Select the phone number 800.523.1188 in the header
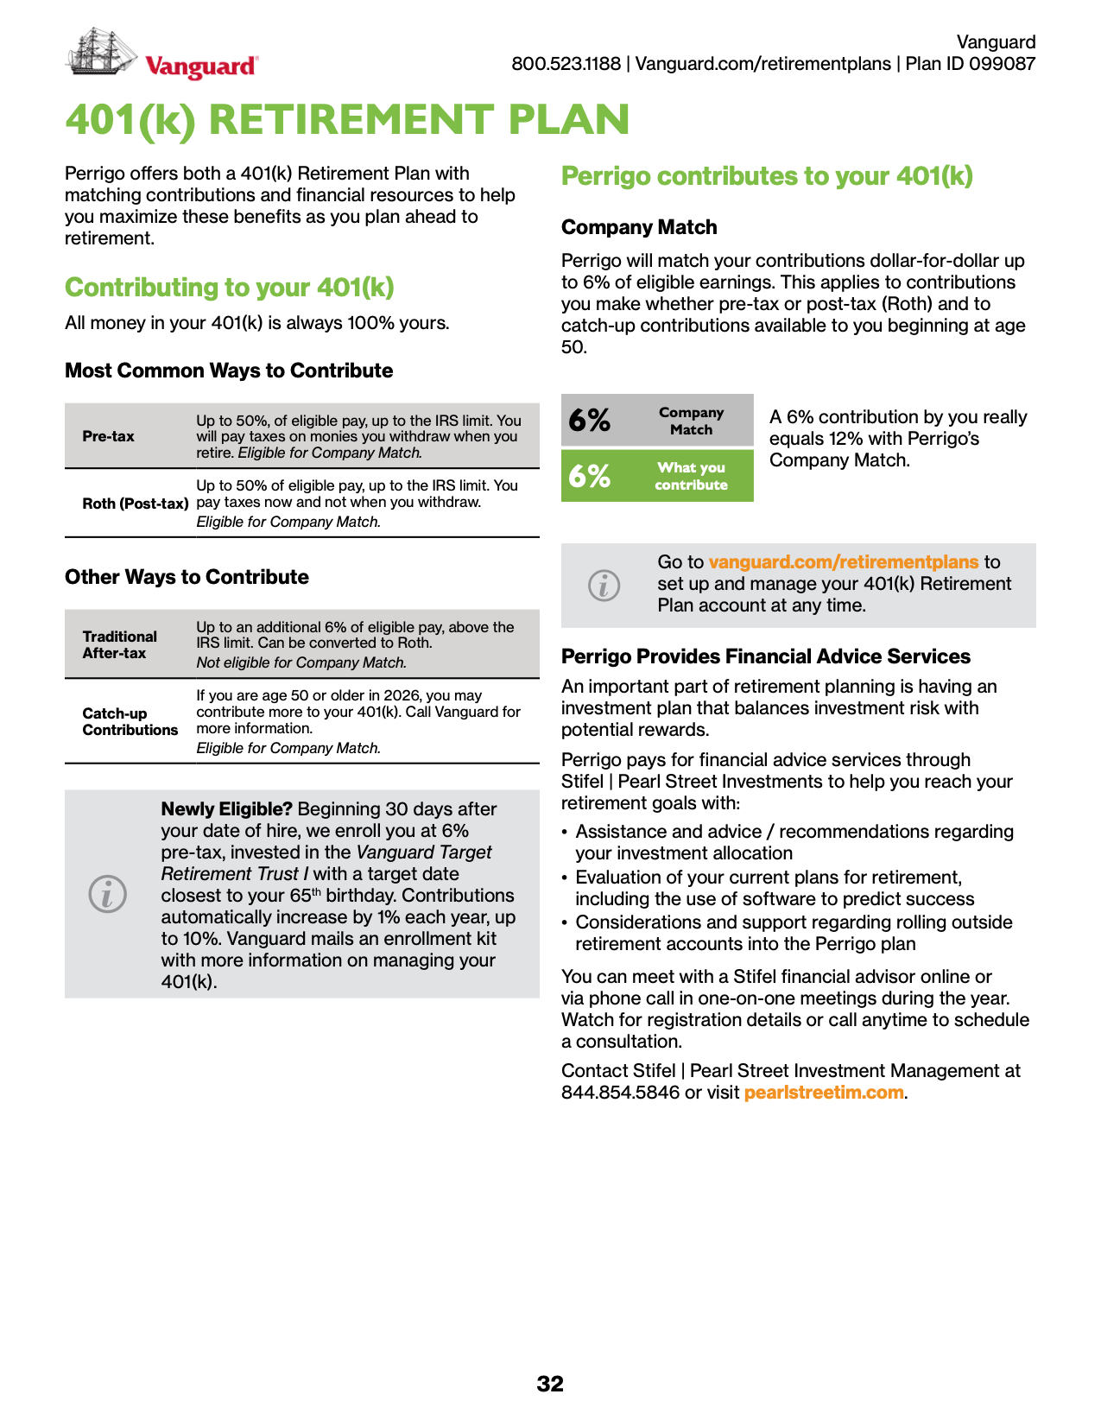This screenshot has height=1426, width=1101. point(566,64)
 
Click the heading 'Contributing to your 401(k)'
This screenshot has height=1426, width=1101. point(230,287)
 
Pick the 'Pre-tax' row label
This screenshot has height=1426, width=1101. point(109,436)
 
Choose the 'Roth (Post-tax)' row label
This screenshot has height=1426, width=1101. point(136,504)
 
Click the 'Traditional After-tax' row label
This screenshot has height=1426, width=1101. point(120,644)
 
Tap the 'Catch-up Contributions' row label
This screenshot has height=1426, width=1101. point(130,721)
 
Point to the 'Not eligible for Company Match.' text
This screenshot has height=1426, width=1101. point(301,662)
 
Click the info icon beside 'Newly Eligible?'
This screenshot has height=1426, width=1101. point(108,893)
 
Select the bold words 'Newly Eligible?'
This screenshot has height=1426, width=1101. point(227,809)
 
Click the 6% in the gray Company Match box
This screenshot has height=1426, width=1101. point(590,421)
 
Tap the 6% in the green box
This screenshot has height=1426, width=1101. point(590,475)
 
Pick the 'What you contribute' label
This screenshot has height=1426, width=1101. point(691,476)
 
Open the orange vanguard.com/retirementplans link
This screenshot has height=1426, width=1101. point(844,562)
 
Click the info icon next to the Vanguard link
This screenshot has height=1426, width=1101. point(604,586)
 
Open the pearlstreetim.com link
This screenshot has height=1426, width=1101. point(824,1093)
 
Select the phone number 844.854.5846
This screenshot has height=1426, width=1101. point(620,1093)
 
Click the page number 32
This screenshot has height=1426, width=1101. point(550,1384)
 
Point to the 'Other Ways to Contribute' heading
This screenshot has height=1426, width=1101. point(187,577)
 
